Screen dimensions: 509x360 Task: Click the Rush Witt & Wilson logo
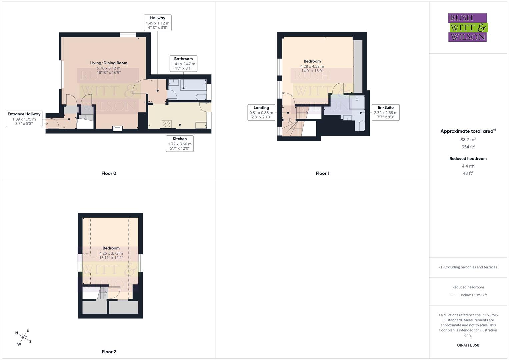468,27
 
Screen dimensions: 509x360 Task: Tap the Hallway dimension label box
157,23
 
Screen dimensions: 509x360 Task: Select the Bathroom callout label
183,64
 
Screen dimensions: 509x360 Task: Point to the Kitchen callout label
180,144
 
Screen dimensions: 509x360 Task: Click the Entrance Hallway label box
24,119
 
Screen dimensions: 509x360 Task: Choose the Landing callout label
261,112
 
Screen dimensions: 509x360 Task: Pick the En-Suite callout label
386,112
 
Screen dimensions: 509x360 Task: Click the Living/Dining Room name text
109,63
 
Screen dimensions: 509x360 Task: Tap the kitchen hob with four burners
167,124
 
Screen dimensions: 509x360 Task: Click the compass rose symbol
23,337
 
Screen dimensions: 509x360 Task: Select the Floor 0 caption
109,173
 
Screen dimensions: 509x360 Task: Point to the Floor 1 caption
322,173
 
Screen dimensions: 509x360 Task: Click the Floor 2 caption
109,352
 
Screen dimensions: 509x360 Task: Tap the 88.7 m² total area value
468,140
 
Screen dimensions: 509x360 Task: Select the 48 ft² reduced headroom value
468,173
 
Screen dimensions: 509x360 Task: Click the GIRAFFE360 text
468,345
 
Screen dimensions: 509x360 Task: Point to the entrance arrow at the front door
46,123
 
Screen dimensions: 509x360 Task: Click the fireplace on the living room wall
118,128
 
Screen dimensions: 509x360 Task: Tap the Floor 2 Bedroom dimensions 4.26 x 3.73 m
111,253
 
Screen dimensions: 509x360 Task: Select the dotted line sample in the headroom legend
454,295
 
